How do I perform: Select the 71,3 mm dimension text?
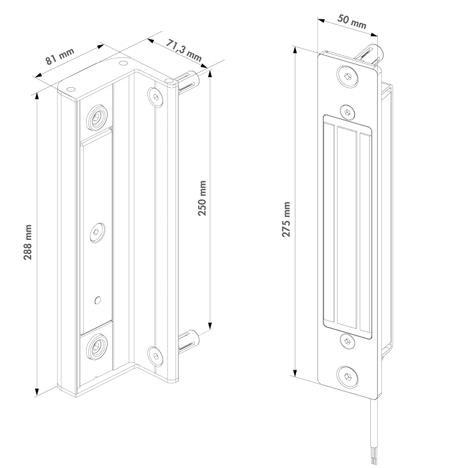(x=184, y=50)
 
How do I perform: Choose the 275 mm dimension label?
(x=286, y=219)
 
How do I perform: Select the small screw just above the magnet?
(x=346, y=111)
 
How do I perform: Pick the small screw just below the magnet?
(x=346, y=340)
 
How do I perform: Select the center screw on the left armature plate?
(x=97, y=232)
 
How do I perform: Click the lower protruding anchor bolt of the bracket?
(x=188, y=341)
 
